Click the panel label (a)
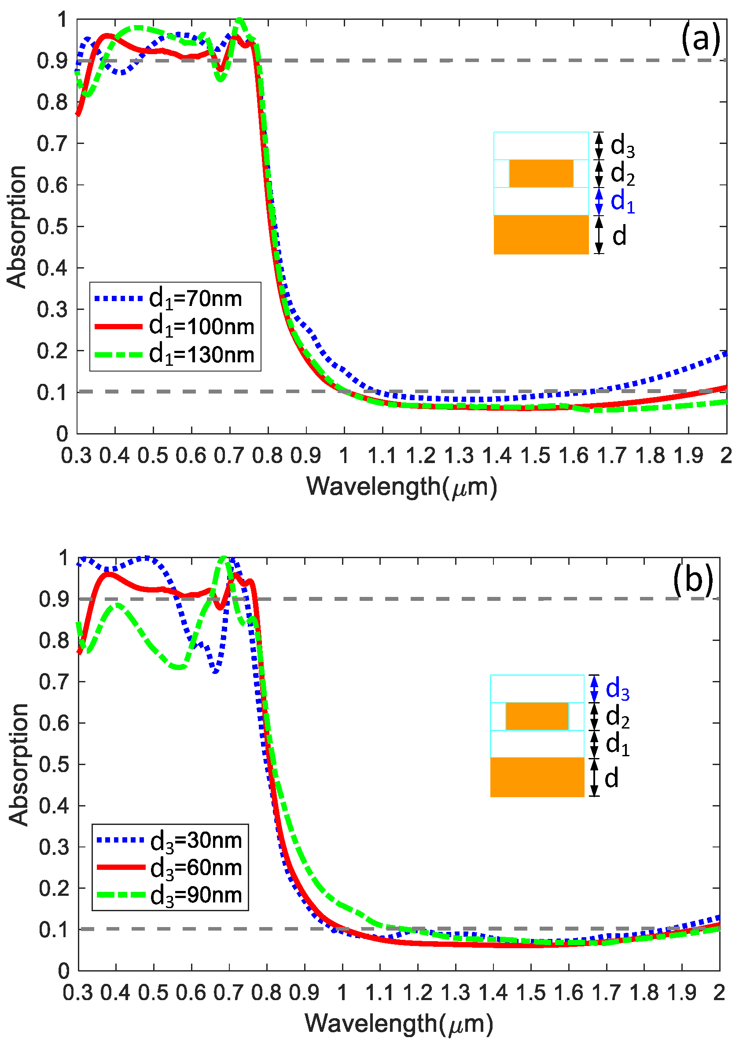coord(700,39)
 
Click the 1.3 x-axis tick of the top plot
coord(459,456)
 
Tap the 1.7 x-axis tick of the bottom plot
coord(607,992)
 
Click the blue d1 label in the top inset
coord(622,201)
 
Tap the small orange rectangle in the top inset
coord(541,173)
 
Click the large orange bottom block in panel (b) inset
coord(537,777)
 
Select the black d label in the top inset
coord(619,236)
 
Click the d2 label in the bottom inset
coord(617,716)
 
